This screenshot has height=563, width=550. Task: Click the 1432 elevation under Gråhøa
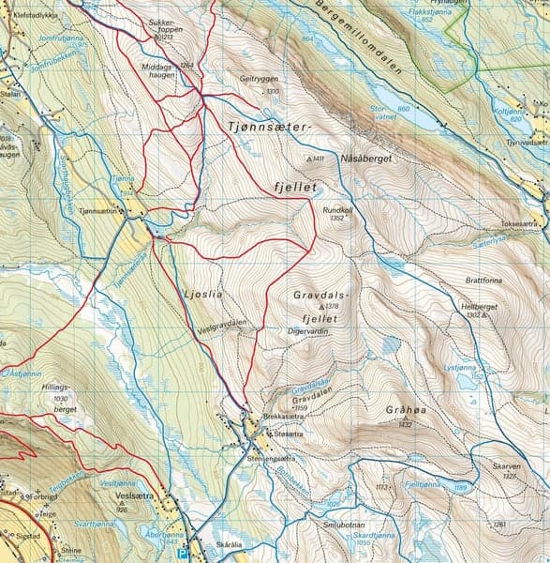405,425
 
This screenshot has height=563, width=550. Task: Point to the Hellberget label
478,307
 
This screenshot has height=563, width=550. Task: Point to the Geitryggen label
260,80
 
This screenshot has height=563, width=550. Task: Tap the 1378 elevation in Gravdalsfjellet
330,307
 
